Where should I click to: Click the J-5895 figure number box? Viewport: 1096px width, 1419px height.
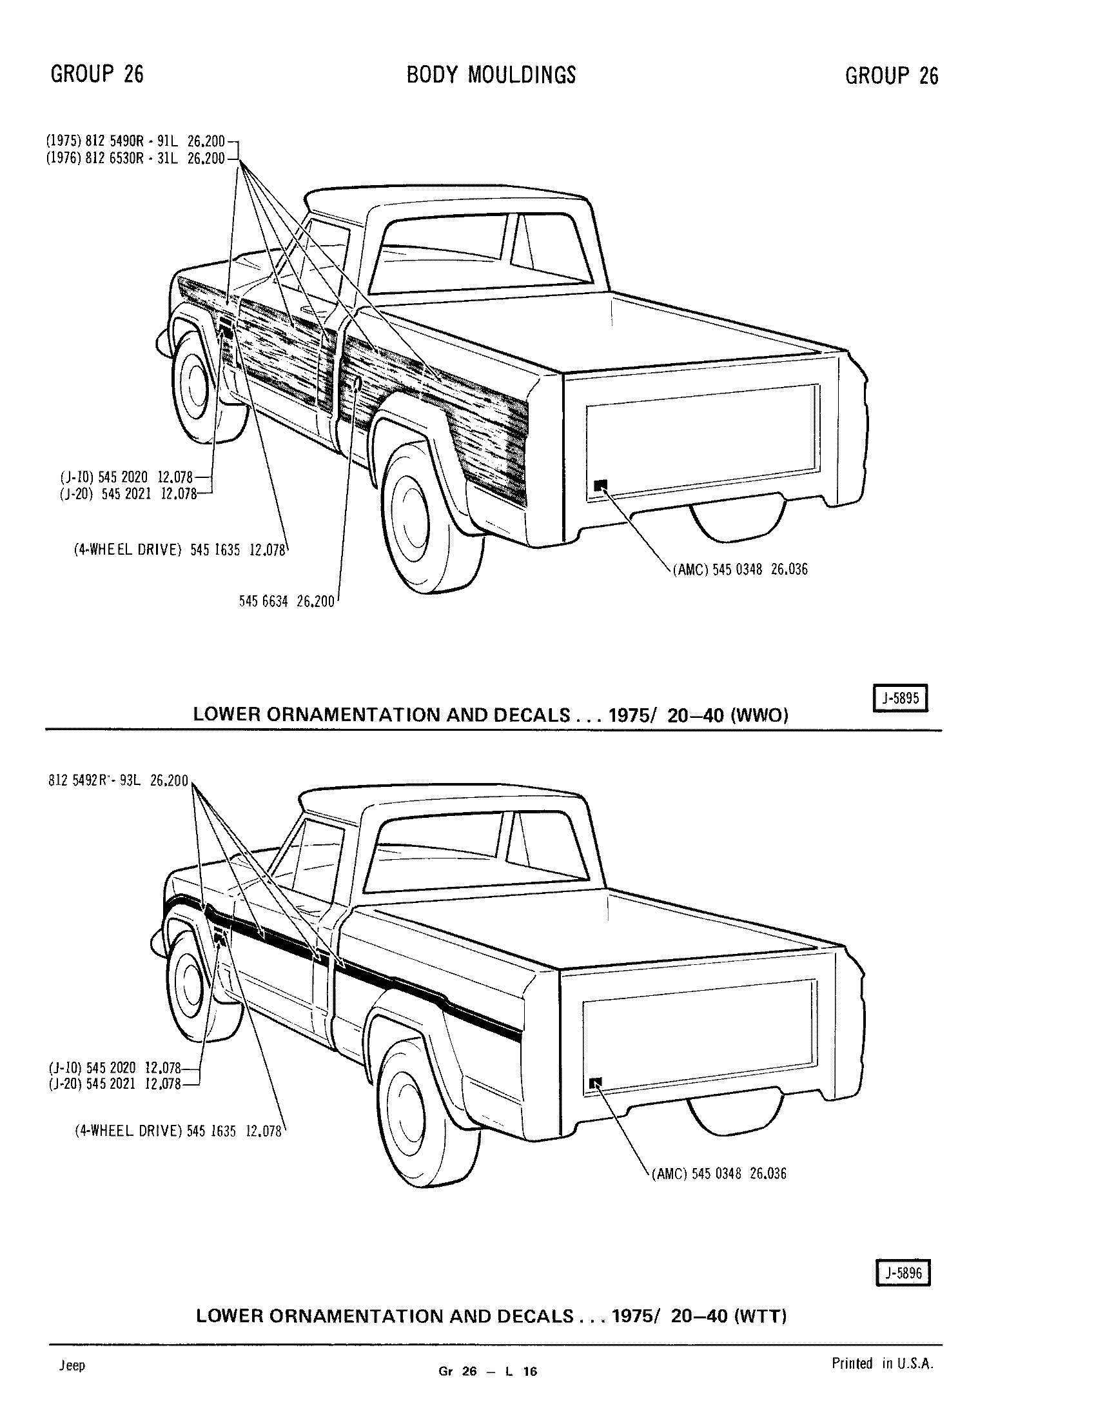pyautogui.click(x=901, y=699)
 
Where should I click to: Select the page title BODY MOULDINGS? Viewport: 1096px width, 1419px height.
pyautogui.click(x=491, y=75)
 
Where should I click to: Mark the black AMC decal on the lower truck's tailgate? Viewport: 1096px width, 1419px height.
pyautogui.click(x=596, y=1082)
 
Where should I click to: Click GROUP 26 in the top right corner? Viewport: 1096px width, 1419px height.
pyautogui.click(x=892, y=76)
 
